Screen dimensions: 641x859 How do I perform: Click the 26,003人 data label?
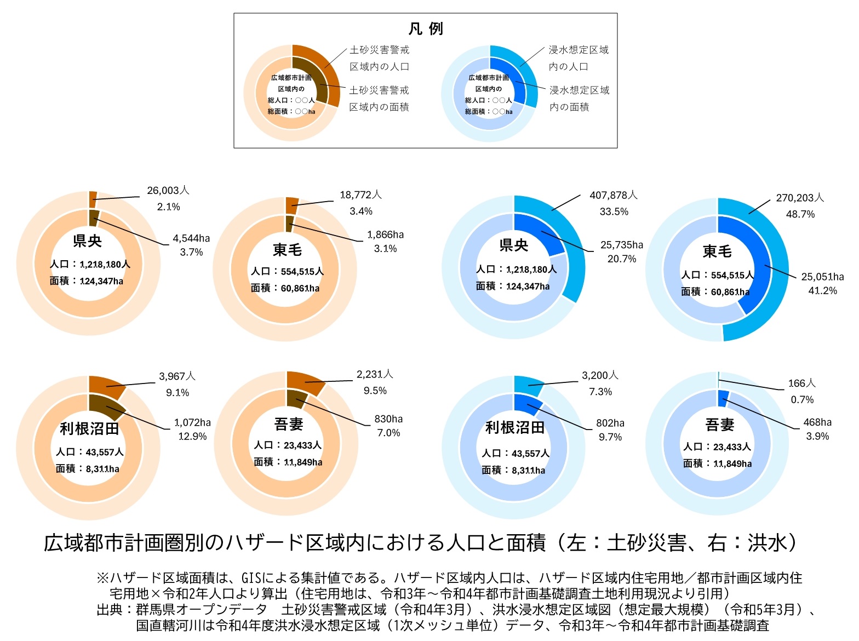click(x=168, y=191)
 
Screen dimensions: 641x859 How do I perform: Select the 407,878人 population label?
click(x=613, y=195)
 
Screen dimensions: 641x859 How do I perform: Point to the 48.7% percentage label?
click(x=800, y=214)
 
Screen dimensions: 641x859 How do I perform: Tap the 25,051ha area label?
click(x=822, y=277)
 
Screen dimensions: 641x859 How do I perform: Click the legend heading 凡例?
click(x=426, y=28)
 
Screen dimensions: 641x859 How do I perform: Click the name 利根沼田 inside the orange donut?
click(x=89, y=428)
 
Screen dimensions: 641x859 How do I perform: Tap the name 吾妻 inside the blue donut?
click(x=719, y=425)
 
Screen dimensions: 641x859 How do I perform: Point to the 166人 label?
click(x=801, y=384)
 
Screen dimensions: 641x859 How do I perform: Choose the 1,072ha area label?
click(x=192, y=422)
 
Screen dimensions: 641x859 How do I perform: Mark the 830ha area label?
click(x=388, y=419)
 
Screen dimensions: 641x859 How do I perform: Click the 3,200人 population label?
click(x=600, y=375)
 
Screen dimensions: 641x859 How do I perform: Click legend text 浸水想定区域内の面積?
click(x=579, y=99)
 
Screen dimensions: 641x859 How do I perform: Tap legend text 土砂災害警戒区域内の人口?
click(x=379, y=58)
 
